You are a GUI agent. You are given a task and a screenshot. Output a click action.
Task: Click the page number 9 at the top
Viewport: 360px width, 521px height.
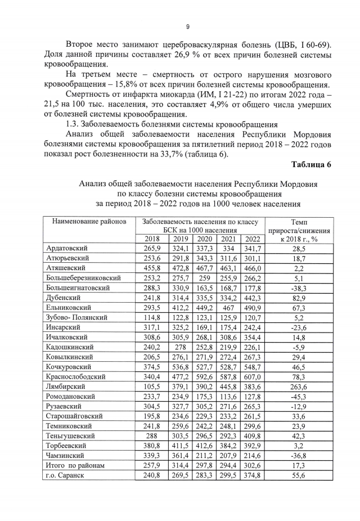(x=187, y=26)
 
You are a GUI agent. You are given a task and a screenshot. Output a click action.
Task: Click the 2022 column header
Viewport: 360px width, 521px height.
(x=253, y=239)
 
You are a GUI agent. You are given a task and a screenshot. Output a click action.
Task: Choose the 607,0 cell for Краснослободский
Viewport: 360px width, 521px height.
(x=253, y=377)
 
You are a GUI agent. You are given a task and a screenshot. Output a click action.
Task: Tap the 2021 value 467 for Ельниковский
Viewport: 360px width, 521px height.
(x=228, y=308)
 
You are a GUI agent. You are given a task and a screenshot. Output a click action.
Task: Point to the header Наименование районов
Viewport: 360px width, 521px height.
(x=89, y=221)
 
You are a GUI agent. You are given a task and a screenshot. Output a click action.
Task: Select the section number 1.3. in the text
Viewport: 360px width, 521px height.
(x=74, y=124)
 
